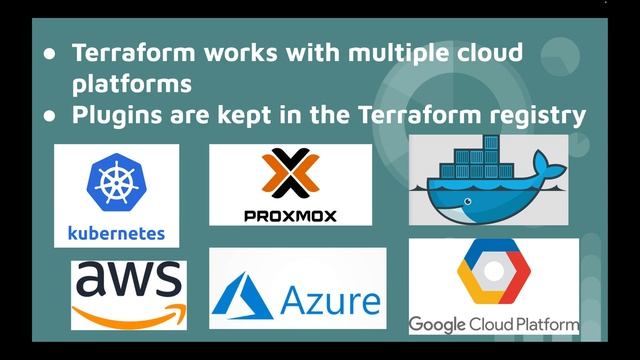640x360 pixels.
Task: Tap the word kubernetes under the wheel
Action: pyautogui.click(x=116, y=234)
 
